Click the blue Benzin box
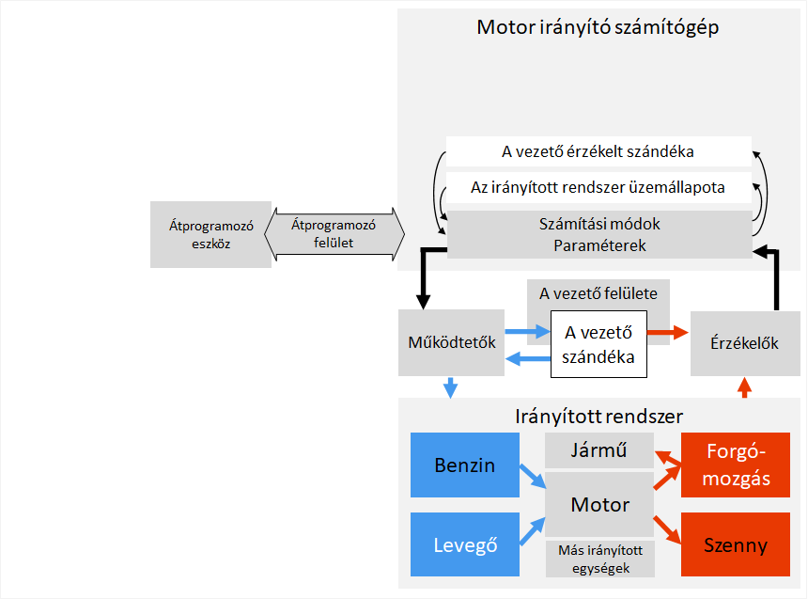[x=464, y=465]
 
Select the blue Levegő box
[x=464, y=544]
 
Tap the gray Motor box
[x=599, y=505]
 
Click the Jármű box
[x=599, y=451]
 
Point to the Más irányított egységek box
[x=599, y=560]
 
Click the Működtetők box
[x=451, y=342]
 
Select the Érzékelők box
[x=745, y=342]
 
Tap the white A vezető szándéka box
[x=598, y=344]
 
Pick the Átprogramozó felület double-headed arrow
[x=333, y=234]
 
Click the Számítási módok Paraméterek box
[x=598, y=235]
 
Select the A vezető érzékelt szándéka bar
[x=598, y=150]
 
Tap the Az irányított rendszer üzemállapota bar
[x=598, y=187]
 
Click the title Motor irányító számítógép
[x=598, y=26]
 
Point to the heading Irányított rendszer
[x=598, y=416]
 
